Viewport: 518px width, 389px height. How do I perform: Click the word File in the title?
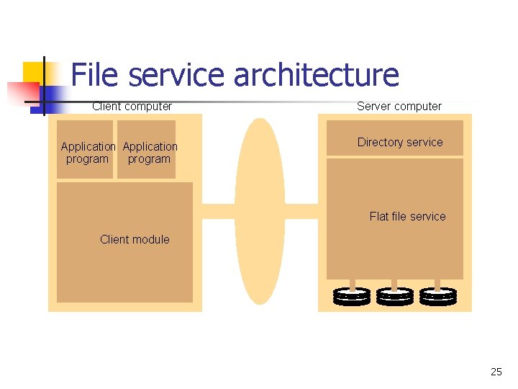pos(96,76)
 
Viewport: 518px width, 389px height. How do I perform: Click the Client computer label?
pos(132,107)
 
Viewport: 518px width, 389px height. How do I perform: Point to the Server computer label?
pos(399,107)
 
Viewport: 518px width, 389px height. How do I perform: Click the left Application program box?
pos(87,153)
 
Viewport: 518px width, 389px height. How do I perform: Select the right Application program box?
pos(149,153)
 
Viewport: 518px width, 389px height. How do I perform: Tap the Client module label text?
pos(135,239)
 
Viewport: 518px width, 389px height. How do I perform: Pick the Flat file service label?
pos(407,216)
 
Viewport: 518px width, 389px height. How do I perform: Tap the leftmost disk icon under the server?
pos(352,296)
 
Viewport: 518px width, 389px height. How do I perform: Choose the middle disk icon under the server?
pos(395,296)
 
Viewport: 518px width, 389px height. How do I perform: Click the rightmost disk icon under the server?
pos(438,296)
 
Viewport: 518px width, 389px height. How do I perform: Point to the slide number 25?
pos(496,372)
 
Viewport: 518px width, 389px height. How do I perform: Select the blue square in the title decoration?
pos(53,95)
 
